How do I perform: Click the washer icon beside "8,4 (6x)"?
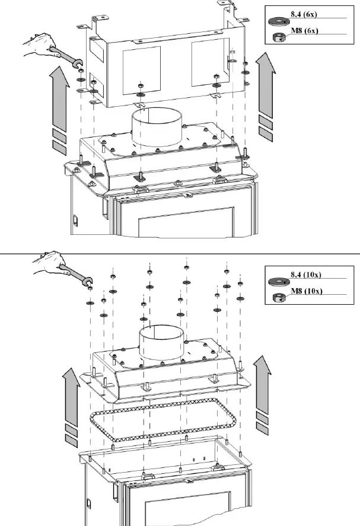275,21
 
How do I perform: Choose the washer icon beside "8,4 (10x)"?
276,282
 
